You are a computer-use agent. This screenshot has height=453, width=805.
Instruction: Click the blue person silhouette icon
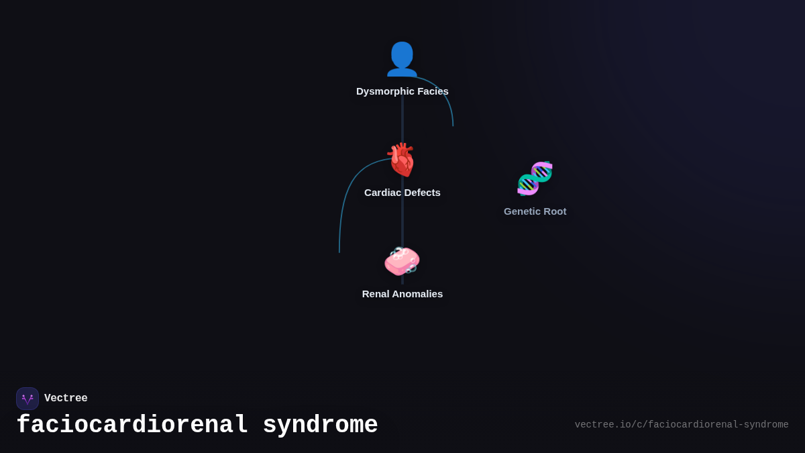point(402,59)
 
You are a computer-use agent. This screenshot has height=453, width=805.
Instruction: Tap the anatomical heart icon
point(402,160)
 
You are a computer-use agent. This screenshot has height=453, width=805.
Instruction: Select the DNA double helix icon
point(535,179)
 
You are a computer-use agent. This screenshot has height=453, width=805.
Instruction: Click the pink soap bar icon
point(402,261)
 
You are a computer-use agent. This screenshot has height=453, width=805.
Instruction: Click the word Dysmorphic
point(385,91)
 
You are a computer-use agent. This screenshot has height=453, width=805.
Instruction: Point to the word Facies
point(433,91)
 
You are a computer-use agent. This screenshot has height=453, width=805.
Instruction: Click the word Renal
point(376,294)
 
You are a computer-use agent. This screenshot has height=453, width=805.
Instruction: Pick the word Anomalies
point(418,294)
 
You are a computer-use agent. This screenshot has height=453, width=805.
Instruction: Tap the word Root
point(555,211)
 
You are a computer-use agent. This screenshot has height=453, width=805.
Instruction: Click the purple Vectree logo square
point(28,399)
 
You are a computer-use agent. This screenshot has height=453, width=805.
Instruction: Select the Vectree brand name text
point(66,399)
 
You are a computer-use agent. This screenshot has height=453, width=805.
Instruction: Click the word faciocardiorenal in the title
point(132,425)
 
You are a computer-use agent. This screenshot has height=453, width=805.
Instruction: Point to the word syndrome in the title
point(320,425)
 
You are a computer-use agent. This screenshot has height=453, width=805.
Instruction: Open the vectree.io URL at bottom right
point(682,425)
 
